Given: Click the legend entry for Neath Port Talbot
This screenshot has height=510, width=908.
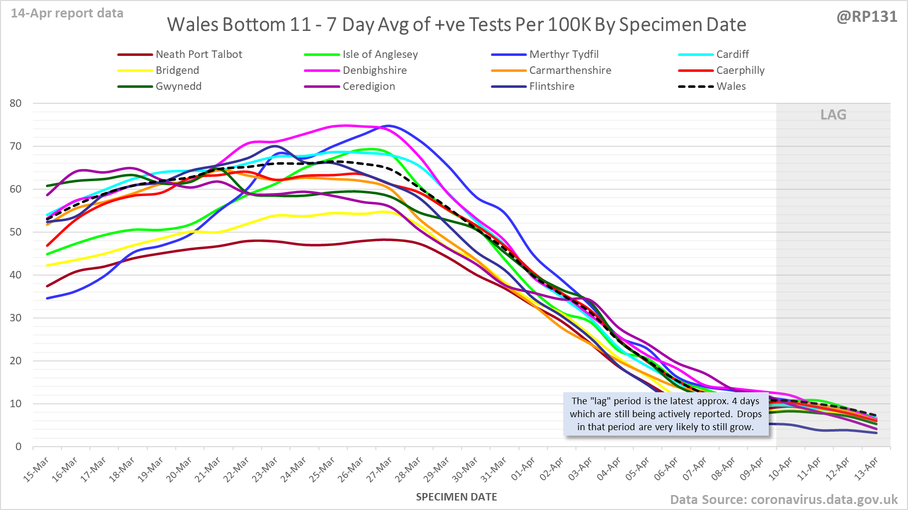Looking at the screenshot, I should [x=199, y=54].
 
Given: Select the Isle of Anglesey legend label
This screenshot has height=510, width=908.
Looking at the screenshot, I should [x=380, y=54].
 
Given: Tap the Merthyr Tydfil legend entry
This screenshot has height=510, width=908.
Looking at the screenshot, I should [x=564, y=54].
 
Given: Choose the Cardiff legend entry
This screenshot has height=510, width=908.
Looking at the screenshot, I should [x=732, y=54].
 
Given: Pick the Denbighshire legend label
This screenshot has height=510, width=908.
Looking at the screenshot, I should [x=374, y=70].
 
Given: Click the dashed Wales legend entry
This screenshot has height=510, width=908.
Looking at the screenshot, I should [x=731, y=86].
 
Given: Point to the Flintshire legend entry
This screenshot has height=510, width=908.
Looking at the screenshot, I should [x=551, y=86].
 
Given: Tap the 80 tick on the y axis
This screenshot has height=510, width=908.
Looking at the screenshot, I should [x=15, y=103].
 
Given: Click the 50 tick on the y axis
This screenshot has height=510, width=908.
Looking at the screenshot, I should [x=15, y=232].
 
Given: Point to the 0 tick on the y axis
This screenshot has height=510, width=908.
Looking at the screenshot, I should [x=18, y=447].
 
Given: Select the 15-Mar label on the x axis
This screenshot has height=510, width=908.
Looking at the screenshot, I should [x=36, y=469].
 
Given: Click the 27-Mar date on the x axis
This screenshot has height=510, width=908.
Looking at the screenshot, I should [x=380, y=469].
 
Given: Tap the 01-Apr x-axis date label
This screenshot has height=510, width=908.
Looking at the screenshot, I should [x=523, y=469].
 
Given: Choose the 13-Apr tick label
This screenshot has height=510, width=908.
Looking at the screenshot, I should [x=866, y=469].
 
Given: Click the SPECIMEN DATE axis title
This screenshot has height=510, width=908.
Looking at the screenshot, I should [x=456, y=497].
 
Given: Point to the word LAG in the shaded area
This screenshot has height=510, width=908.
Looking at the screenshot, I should [x=833, y=115].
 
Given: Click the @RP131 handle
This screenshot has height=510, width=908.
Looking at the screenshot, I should [x=867, y=16].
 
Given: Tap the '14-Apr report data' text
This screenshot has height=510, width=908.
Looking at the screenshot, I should [x=67, y=13].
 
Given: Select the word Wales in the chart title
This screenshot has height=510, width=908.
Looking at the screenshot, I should [x=189, y=24].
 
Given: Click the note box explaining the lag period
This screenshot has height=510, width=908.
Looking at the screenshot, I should [x=666, y=414].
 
